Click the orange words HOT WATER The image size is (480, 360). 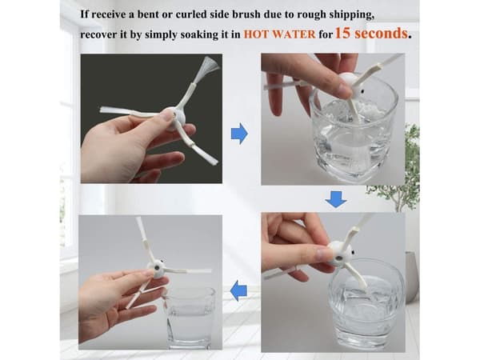[279, 34]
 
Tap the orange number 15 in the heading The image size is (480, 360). [342, 33]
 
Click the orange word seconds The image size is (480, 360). [380, 33]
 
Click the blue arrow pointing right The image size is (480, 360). [239, 134]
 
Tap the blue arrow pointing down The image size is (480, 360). [336, 199]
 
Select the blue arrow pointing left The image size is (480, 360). [238, 291]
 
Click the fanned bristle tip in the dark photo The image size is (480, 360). [208, 66]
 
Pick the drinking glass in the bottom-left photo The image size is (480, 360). [189, 318]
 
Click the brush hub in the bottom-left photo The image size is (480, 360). [157, 269]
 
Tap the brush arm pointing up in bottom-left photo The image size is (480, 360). [144, 239]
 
